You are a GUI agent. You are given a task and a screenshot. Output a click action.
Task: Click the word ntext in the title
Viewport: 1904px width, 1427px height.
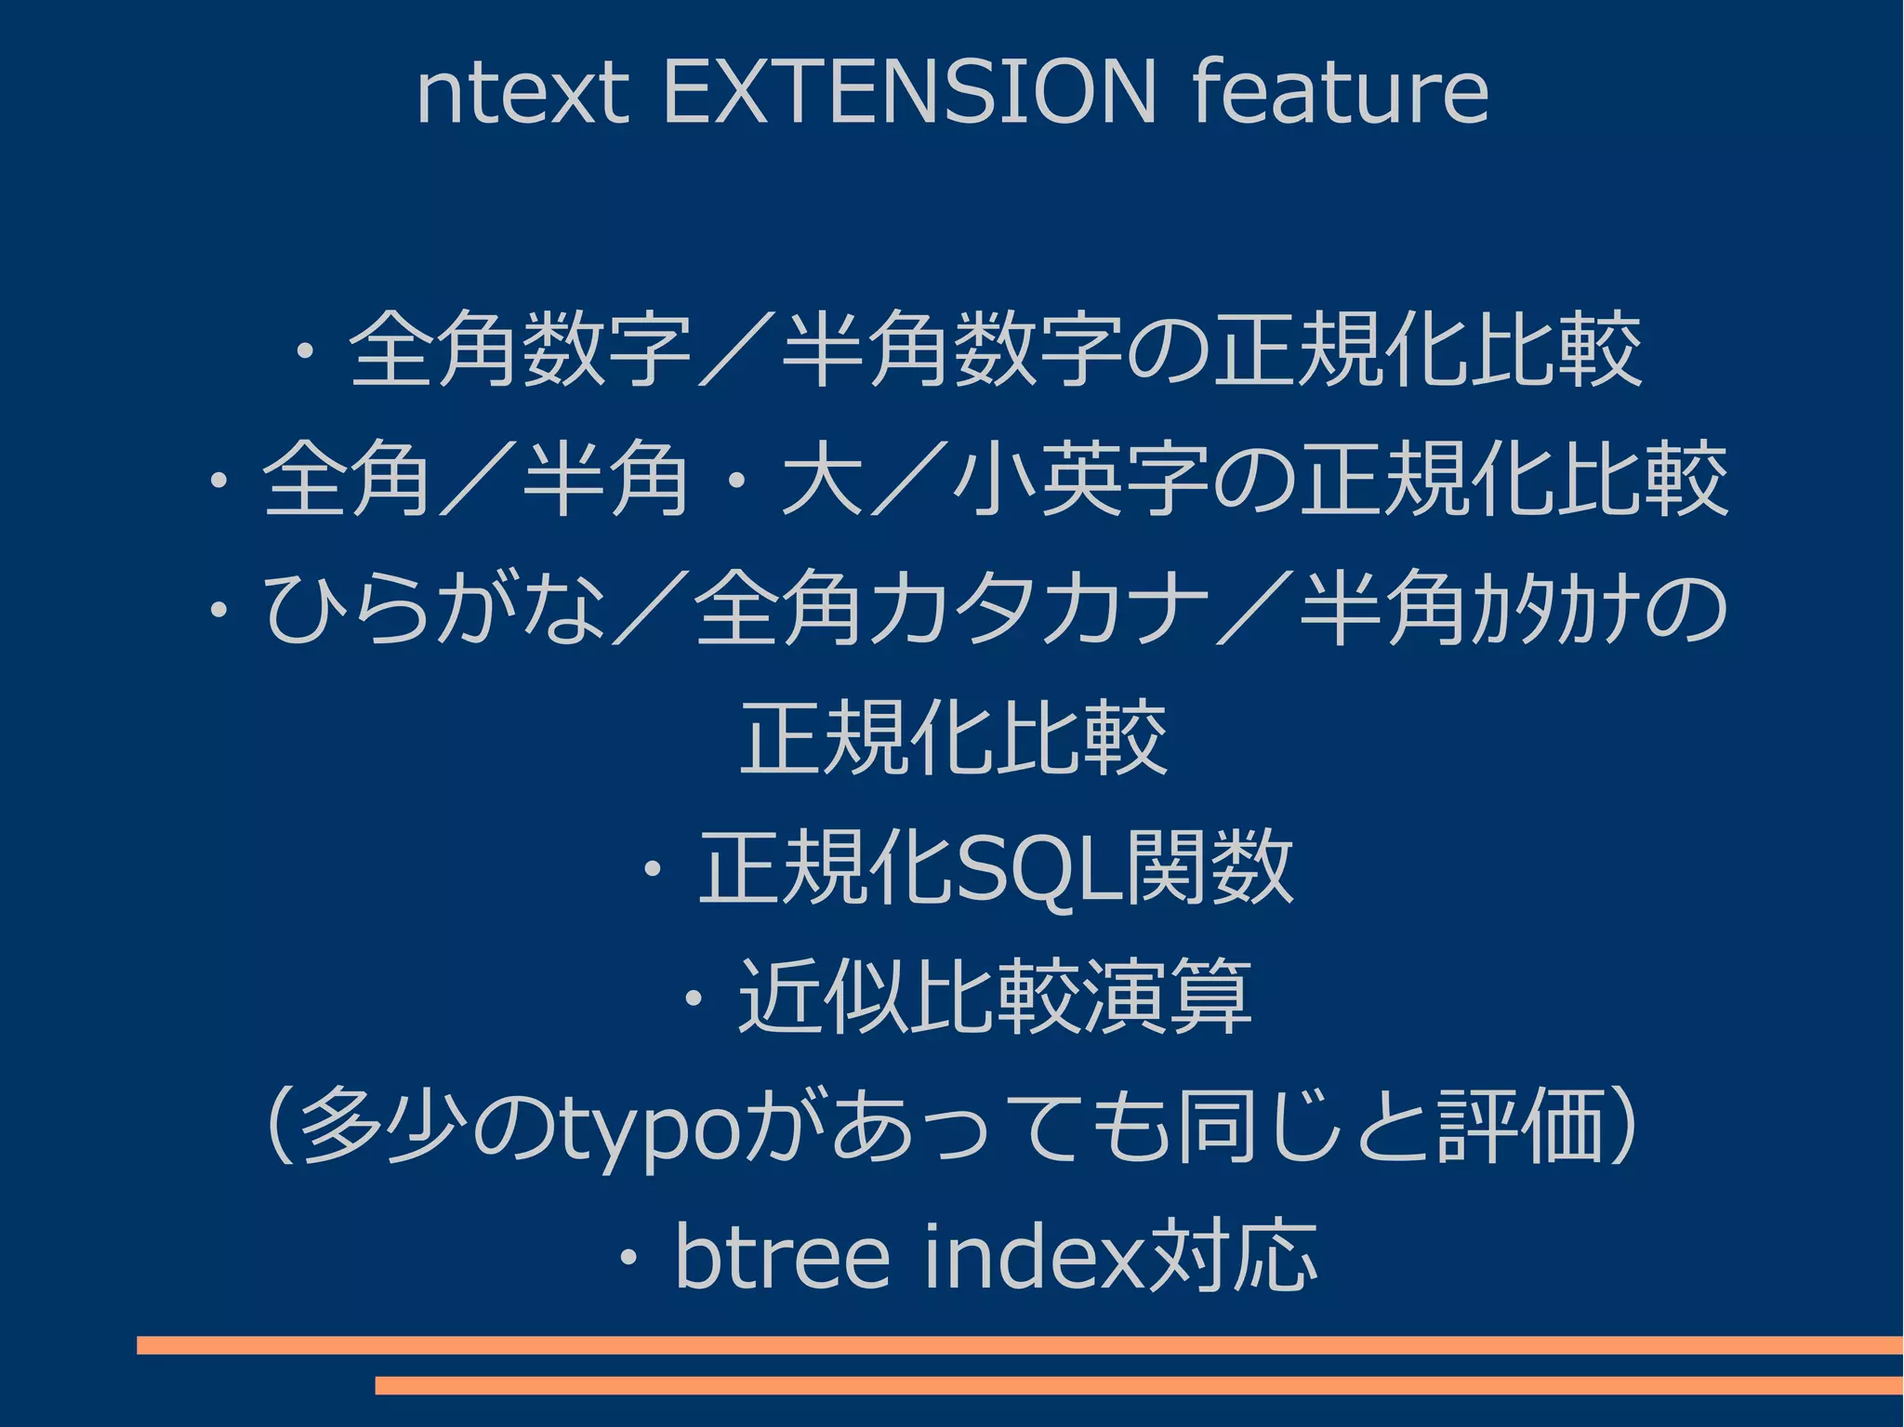pos(522,93)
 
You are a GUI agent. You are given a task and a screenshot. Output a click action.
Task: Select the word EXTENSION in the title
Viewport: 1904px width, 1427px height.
pos(908,93)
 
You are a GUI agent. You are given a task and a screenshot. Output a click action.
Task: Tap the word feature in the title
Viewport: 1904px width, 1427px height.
pos(1341,93)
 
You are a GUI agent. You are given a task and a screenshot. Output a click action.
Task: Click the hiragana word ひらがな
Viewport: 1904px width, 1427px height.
pos(434,609)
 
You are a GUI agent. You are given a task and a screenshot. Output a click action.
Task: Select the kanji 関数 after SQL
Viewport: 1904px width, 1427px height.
pos(1209,868)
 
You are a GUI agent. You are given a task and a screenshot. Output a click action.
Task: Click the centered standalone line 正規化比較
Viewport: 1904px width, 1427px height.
pos(953,739)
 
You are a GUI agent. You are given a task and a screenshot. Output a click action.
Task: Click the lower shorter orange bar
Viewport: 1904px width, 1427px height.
pos(1139,1386)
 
